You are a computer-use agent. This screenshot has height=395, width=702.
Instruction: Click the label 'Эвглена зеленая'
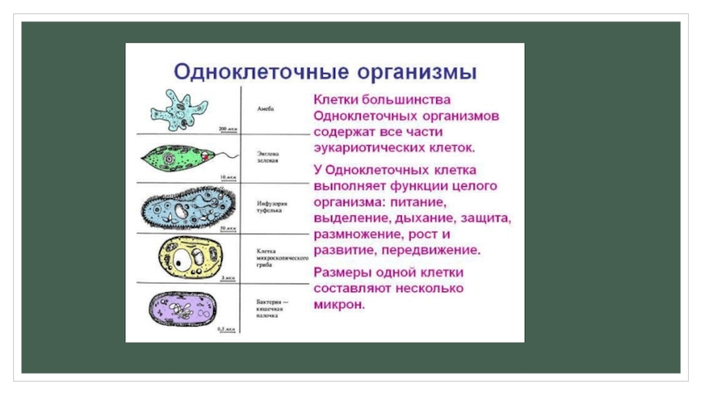click(x=269, y=157)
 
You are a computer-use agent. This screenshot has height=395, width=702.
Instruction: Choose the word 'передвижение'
click(x=435, y=250)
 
